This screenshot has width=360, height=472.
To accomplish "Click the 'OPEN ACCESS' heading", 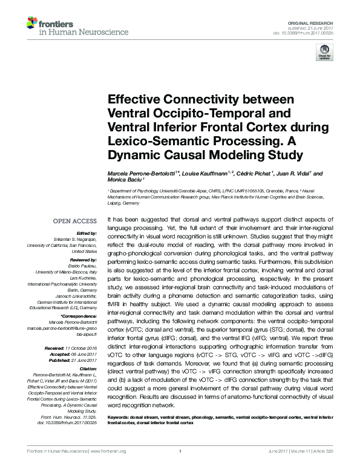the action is coord(71,221).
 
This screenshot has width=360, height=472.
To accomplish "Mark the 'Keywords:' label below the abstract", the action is coord(119,418).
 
